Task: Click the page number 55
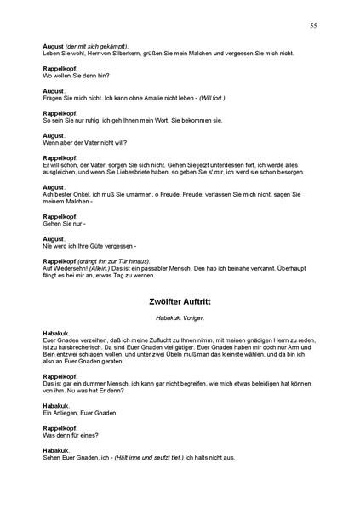[x=314, y=26]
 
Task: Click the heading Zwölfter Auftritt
[x=180, y=301]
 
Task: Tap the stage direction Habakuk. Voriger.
[x=180, y=317]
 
